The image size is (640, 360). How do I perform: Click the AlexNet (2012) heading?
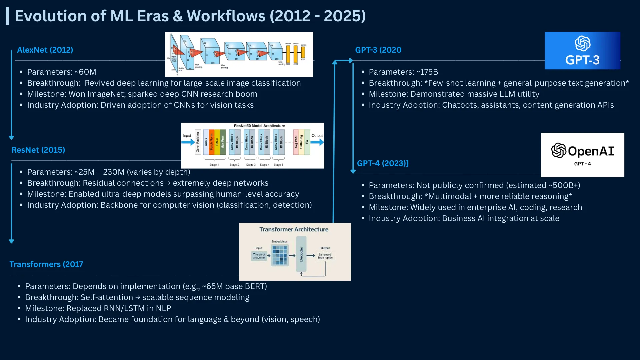click(x=45, y=50)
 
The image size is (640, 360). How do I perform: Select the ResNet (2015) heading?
click(x=38, y=150)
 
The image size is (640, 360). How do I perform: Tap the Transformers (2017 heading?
click(x=46, y=264)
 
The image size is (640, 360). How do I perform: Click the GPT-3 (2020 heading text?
click(x=378, y=50)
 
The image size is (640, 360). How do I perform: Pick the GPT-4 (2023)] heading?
click(x=383, y=163)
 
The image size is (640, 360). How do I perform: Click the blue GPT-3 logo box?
click(x=582, y=51)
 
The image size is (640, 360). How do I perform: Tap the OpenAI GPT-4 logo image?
click(x=582, y=155)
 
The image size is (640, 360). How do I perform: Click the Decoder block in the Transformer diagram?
click(x=301, y=254)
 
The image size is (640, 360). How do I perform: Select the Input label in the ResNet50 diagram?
click(x=187, y=136)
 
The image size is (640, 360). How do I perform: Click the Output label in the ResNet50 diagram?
click(x=317, y=136)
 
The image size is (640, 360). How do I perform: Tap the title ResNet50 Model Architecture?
click(x=259, y=126)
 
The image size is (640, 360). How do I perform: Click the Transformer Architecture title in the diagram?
click(x=294, y=229)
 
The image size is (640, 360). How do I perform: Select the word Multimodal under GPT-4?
click(x=450, y=196)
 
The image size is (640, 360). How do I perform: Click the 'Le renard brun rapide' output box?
click(x=325, y=256)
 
